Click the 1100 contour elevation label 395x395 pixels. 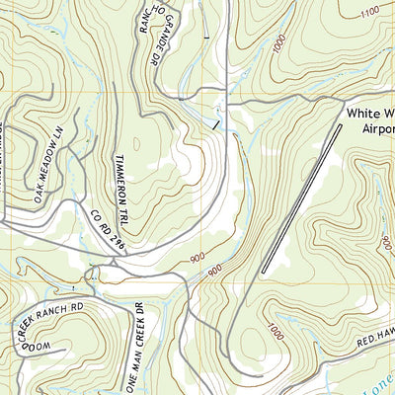coord(370,12)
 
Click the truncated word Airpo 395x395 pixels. coord(369,128)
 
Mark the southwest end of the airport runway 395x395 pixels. coord(264,271)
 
